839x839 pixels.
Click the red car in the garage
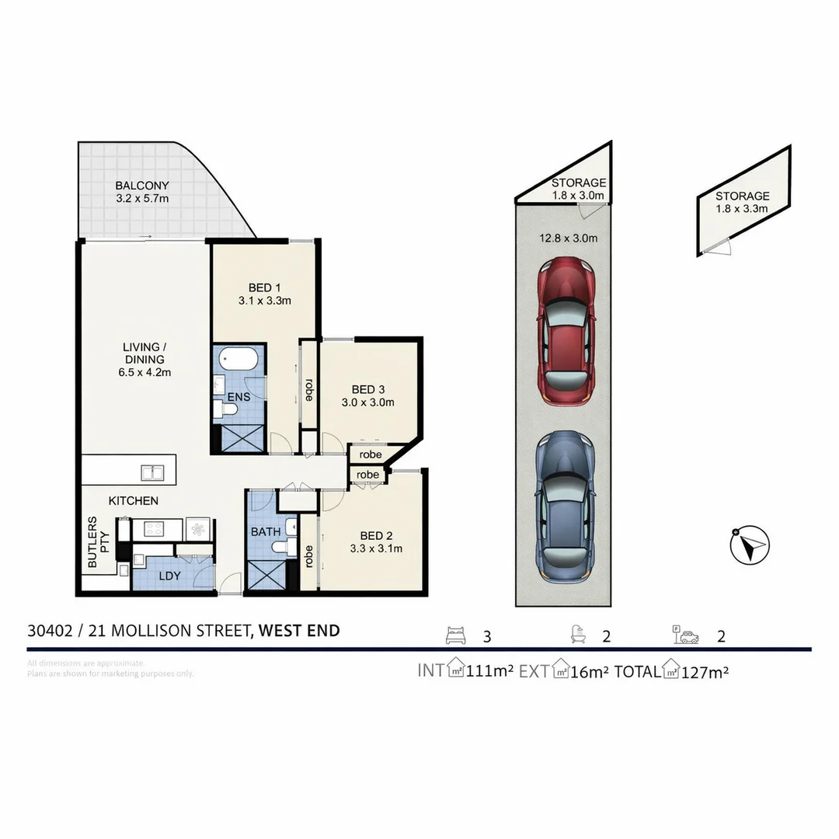tap(566, 331)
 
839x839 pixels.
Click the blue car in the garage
tap(566, 507)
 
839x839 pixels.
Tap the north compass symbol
tap(750, 545)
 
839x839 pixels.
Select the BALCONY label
tap(142, 186)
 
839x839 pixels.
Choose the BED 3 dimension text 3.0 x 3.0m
tap(368, 402)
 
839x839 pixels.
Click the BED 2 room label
tap(376, 536)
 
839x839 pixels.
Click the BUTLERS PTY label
tap(99, 541)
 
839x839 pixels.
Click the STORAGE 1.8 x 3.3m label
tap(742, 202)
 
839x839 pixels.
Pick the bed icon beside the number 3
tap(458, 636)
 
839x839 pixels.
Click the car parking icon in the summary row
tap(685, 636)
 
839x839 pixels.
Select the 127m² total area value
tap(705, 671)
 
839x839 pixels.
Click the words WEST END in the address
tap(299, 630)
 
